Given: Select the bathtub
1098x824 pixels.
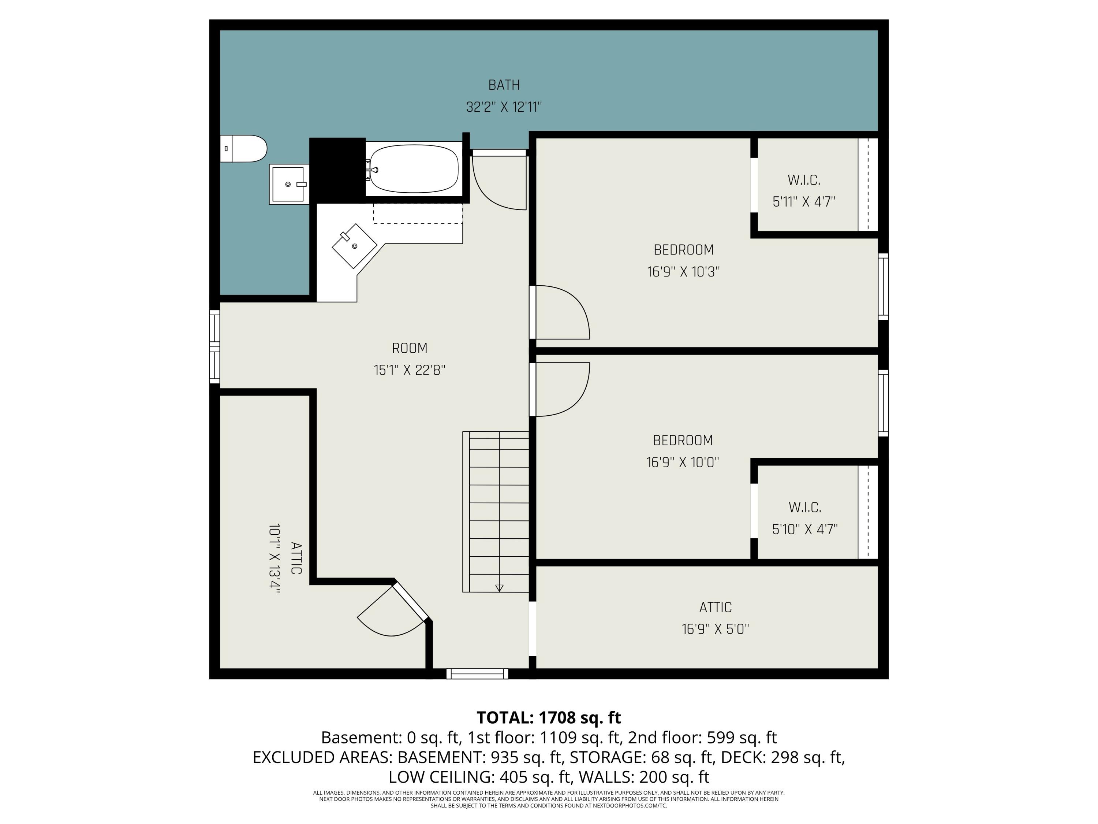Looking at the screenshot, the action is point(414,169).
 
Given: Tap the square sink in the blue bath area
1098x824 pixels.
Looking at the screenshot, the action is point(288,184).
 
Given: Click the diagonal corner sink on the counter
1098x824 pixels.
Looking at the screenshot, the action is point(354,246).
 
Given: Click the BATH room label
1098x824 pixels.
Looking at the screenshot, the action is point(504,85).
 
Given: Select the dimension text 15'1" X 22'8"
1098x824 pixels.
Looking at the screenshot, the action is point(410,370).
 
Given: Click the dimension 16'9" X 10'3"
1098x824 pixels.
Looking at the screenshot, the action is point(684,272).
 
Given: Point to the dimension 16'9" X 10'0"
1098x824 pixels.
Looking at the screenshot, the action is point(683,463).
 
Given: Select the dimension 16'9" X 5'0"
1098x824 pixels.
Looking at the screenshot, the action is point(715,629).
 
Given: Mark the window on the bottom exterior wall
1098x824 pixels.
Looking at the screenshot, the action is point(477,673).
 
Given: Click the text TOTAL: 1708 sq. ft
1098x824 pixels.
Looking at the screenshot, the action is point(549,718).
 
